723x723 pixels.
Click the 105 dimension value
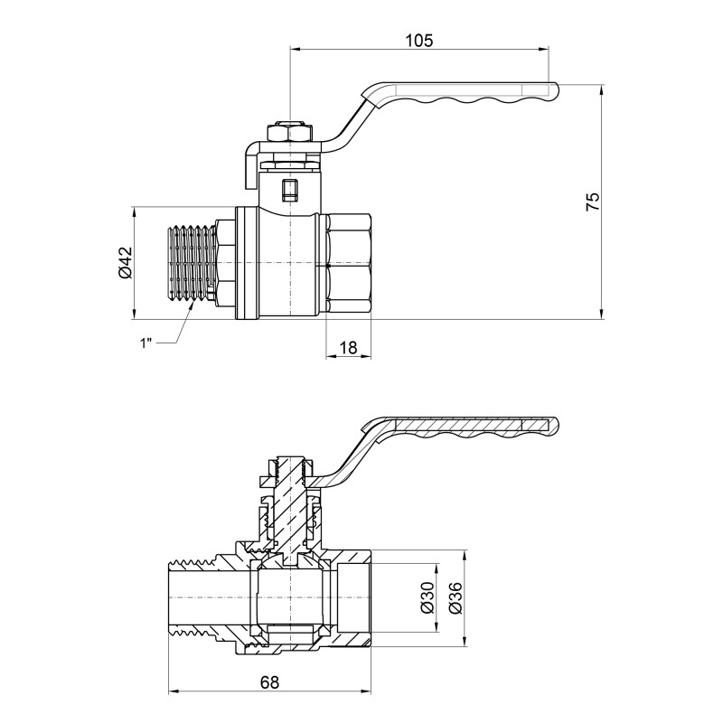tap(419, 41)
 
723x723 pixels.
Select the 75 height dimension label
tap(592, 202)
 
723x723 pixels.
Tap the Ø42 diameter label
tap(125, 262)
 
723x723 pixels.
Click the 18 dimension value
tap(347, 346)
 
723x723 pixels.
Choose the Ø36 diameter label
tap(455, 597)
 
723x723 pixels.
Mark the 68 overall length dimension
tap(268, 682)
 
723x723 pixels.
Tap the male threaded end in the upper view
tap(192, 262)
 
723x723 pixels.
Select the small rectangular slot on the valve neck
tap(289, 191)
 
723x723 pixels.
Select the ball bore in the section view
tap(289, 597)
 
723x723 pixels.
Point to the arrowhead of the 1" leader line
tap(193, 305)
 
